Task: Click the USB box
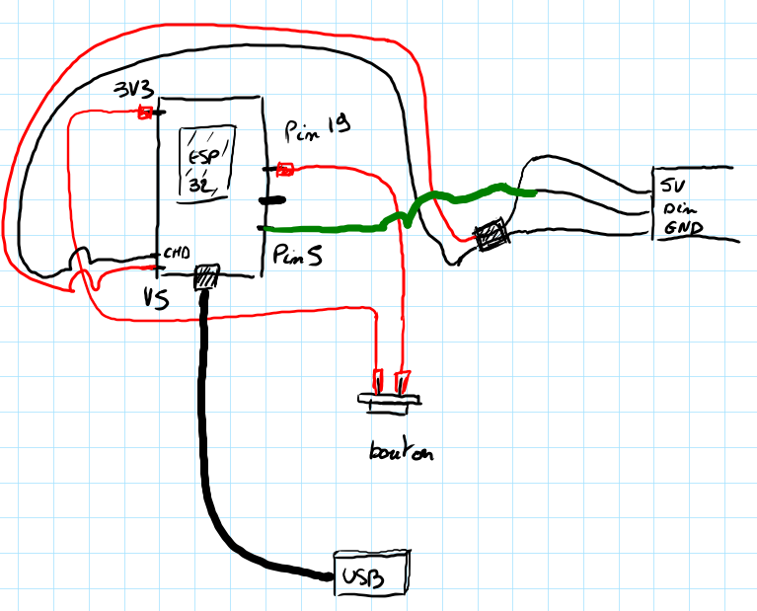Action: [372, 573]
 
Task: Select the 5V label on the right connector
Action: [674, 186]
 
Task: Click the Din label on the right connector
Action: [677, 209]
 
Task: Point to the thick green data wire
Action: [326, 229]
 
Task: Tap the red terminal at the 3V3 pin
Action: [144, 113]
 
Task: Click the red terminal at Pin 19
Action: [286, 169]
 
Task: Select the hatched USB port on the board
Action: [206, 277]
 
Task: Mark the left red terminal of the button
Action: [377, 379]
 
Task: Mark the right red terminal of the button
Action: [401, 380]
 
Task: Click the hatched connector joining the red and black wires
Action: [491, 236]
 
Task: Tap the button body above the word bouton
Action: [389, 401]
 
